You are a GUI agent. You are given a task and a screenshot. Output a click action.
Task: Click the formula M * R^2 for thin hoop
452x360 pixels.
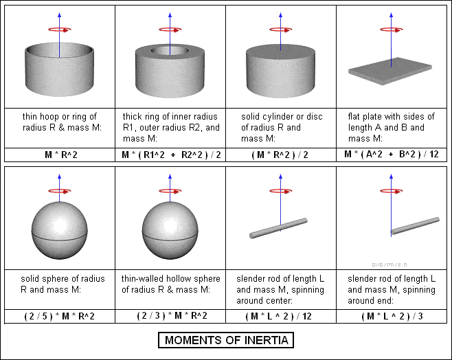[x=61, y=155]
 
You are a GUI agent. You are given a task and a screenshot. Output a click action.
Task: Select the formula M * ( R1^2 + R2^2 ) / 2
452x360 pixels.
[x=171, y=155]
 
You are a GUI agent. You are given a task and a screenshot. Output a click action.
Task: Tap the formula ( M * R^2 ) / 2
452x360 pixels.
[x=280, y=155]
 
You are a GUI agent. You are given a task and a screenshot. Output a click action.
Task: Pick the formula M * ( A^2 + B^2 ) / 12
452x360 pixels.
[x=392, y=154]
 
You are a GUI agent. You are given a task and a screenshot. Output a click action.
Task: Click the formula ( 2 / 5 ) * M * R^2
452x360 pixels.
[x=59, y=316]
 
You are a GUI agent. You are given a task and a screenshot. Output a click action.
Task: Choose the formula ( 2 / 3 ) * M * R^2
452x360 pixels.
[x=172, y=315]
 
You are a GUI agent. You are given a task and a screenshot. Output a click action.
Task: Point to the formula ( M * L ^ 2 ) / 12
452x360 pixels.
[x=278, y=316]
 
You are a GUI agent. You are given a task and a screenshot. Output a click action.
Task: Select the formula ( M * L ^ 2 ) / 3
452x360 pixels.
[x=392, y=316]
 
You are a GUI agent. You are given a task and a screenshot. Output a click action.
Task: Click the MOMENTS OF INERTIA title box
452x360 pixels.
[x=226, y=340]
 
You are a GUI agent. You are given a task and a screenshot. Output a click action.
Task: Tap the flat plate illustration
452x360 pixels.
[x=390, y=71]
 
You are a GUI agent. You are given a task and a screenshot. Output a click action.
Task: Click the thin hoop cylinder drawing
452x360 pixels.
[x=59, y=69]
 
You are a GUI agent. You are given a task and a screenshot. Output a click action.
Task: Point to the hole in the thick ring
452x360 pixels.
[x=170, y=51]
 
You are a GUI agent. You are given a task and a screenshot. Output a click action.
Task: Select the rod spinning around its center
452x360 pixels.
[x=278, y=228]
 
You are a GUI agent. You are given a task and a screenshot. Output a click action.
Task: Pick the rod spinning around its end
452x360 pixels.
[x=415, y=225]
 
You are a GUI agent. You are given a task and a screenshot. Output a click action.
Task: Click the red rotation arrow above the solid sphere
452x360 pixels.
[x=60, y=191]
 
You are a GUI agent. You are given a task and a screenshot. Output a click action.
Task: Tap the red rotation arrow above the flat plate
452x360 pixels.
[x=391, y=30]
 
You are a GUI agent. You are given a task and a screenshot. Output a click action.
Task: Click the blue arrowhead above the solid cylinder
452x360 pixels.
[x=280, y=15]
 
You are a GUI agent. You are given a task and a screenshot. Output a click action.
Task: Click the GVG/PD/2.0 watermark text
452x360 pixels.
[x=389, y=265]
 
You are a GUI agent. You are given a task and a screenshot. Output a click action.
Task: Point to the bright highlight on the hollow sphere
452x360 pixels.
[x=170, y=224]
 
